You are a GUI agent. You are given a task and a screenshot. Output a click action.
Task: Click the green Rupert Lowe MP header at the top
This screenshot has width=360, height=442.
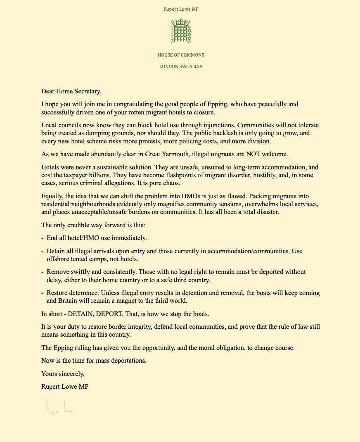click(x=180, y=9)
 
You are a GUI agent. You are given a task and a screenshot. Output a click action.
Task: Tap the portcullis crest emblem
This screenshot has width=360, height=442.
click(x=180, y=31)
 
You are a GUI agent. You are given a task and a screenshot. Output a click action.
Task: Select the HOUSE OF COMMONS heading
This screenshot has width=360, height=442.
click(x=180, y=55)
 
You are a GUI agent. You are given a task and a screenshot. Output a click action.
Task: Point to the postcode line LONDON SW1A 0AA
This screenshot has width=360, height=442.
click(x=180, y=66)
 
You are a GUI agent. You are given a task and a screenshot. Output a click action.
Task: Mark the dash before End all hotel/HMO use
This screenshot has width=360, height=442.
click(x=43, y=238)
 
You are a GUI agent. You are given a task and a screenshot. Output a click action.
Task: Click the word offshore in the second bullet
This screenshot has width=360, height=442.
click(x=58, y=259)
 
